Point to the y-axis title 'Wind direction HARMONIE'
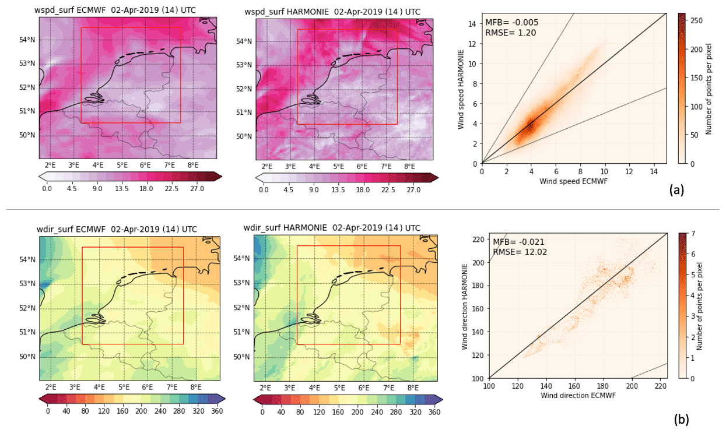[x=465, y=305]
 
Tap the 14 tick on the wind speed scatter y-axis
[x=475, y=23]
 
